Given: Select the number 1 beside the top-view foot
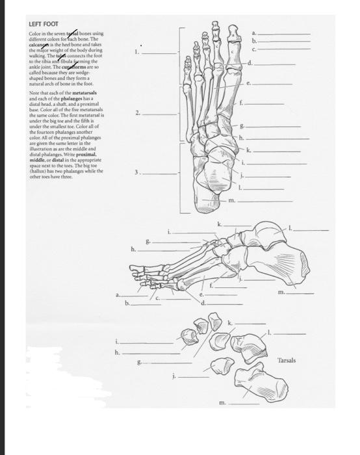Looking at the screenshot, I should pyautogui.click(x=135, y=51).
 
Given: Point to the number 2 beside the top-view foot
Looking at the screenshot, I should pyautogui.click(x=135, y=113).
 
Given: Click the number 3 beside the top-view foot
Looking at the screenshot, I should pyautogui.click(x=135, y=172).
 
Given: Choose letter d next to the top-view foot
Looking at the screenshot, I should pyautogui.click(x=249, y=63).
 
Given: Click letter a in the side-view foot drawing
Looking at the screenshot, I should pyautogui.click(x=118, y=295).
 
